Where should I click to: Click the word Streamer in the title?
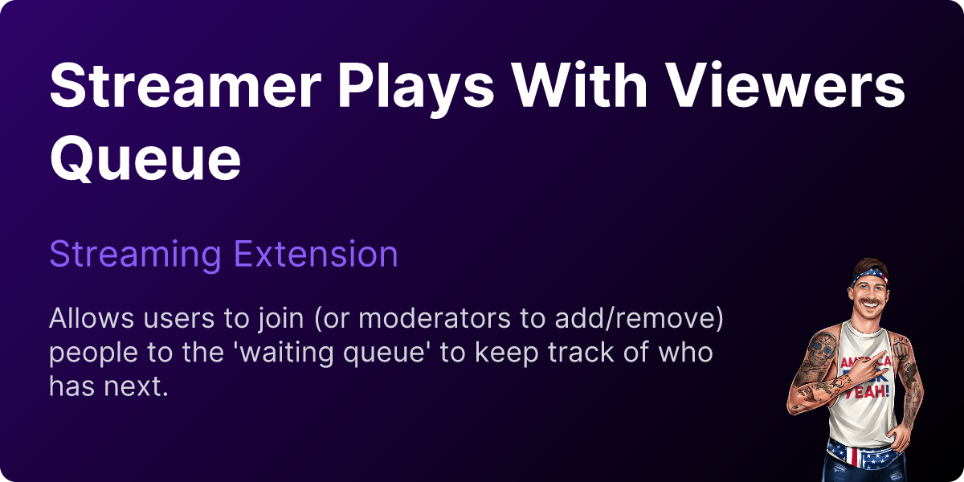pyautogui.click(x=186, y=85)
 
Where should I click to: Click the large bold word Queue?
pyautogui.click(x=145, y=158)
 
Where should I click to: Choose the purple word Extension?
pyautogui.click(x=316, y=254)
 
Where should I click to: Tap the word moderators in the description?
pyautogui.click(x=435, y=318)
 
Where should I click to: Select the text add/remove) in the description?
pyautogui.click(x=639, y=319)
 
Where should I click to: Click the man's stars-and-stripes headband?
pyautogui.click(x=868, y=276)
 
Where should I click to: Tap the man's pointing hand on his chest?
pyautogui.click(x=866, y=367)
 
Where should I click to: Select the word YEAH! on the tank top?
pyautogui.click(x=867, y=393)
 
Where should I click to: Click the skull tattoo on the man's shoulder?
pyautogui.click(x=823, y=347)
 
